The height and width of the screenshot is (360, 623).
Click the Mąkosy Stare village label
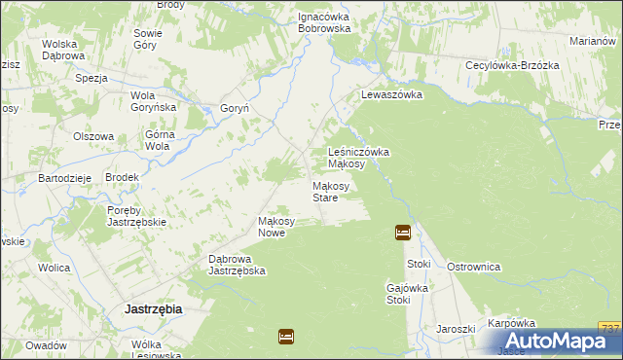coord(325,192)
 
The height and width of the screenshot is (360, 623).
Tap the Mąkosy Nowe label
coord(276,227)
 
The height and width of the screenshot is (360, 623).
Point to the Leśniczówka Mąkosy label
coord(359,158)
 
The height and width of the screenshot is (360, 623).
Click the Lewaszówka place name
coord(390,95)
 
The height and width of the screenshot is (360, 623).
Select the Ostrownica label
coord(473,266)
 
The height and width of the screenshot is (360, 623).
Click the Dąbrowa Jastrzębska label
coord(238,265)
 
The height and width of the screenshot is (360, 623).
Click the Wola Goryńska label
coord(153,101)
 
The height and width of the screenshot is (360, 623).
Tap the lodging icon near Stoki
coord(403,233)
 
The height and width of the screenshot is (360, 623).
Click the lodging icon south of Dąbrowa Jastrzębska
coord(286,337)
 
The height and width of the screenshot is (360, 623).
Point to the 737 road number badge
coord(610,328)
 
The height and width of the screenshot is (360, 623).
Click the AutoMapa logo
coord(559,342)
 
